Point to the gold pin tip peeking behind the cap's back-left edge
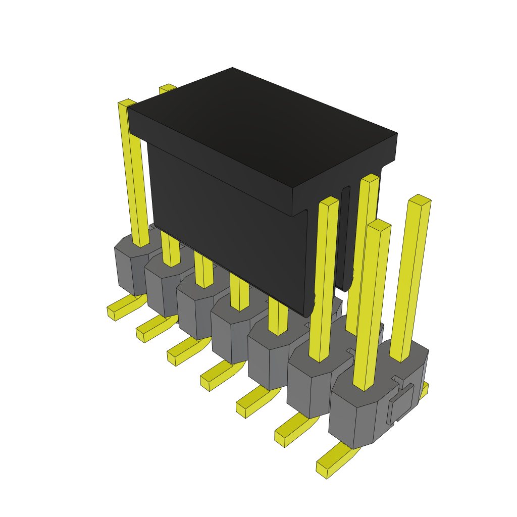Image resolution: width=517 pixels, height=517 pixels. point(167,88)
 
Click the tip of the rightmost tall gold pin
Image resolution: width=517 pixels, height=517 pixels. point(420,199)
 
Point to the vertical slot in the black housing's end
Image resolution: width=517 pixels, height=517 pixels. point(345,237)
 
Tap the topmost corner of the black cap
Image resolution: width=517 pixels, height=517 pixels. point(232,68)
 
